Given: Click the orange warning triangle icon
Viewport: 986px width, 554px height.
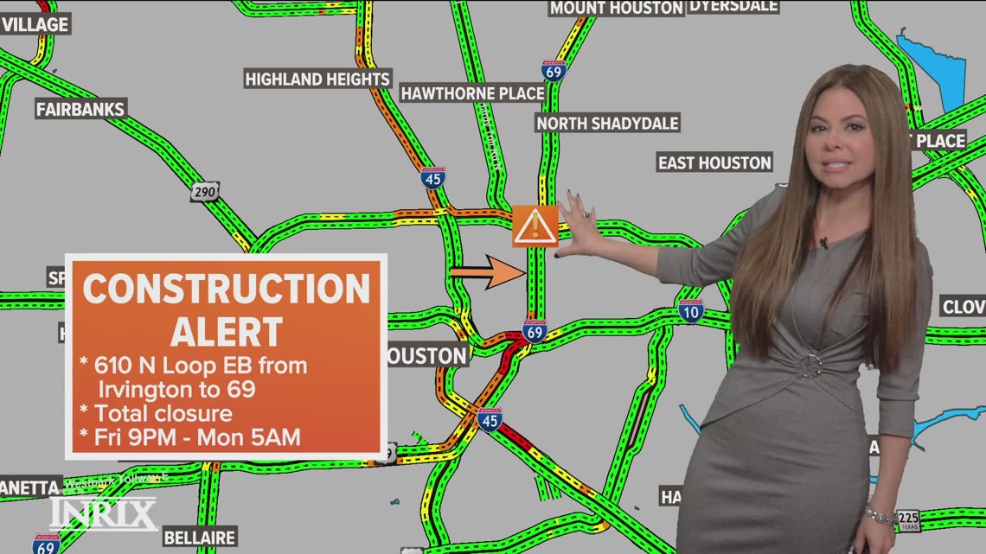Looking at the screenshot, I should pos(535,226).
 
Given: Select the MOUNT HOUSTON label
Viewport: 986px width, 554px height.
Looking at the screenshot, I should pos(617,8).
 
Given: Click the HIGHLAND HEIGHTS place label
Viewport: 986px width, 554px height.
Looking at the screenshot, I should pos(317,80).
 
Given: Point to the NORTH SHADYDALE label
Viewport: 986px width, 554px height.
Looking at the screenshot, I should pos(607,124).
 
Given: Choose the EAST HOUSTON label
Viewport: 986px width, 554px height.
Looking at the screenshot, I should pos(714,162).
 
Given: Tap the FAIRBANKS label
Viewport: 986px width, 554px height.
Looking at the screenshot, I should pos(80,109).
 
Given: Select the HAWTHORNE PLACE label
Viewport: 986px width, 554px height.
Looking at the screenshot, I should pos(472,93).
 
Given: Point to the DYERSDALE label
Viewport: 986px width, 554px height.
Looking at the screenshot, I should pos(733,6).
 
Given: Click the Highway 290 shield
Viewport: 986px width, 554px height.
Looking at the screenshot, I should pos(205,192).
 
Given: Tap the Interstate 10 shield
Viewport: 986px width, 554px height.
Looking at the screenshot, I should pos(690,311).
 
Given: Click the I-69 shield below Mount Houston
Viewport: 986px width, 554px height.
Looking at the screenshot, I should pos(554,70).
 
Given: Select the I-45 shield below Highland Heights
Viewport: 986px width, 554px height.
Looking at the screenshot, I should pos(433,178).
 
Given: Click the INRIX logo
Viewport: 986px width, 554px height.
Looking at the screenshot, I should pos(103,514).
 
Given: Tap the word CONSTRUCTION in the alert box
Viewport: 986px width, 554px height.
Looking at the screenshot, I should pos(226,289).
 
